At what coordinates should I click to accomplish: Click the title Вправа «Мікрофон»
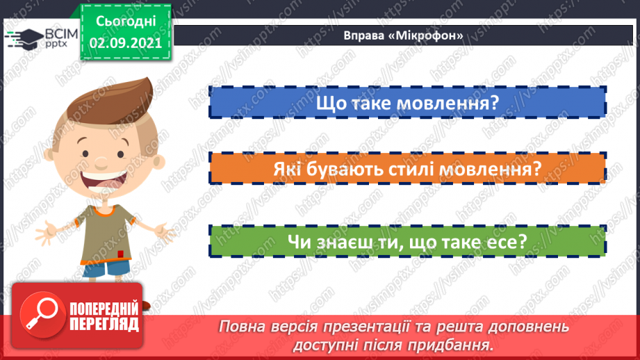point(404,35)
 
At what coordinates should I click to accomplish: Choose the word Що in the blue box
point(331,104)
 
